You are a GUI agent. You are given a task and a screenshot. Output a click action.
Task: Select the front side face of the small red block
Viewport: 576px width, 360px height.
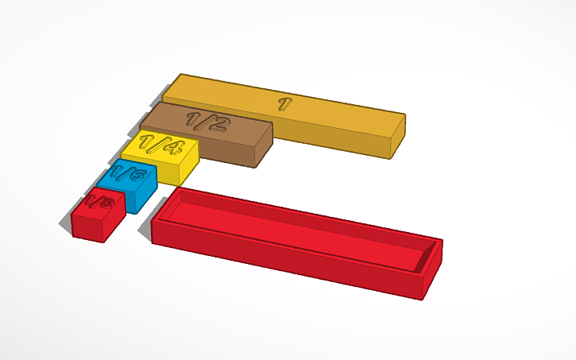coord(87,226)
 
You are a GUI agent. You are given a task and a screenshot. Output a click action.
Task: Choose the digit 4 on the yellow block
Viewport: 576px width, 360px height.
coord(170,148)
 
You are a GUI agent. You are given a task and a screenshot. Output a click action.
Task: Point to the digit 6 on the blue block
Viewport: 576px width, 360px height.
coord(137,174)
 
